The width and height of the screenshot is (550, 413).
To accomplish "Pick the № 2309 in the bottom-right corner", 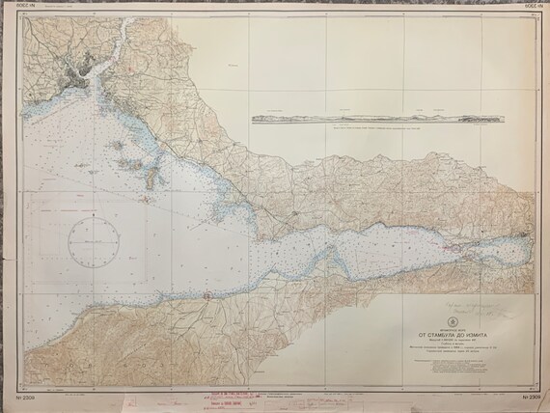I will pyautogui.click(x=529, y=398).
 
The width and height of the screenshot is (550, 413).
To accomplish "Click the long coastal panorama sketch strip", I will pyautogui.click(x=376, y=119).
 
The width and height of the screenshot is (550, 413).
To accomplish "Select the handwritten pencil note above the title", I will pyautogui.click(x=477, y=312).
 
